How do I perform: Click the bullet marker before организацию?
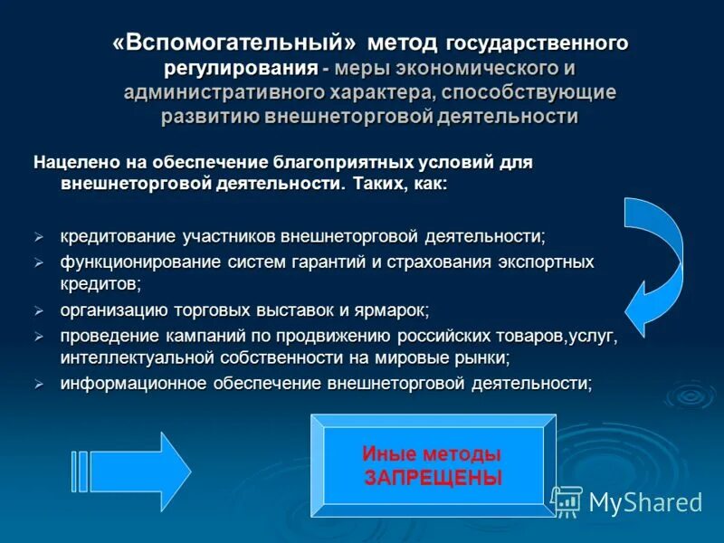(39, 310)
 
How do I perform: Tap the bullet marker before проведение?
(39, 336)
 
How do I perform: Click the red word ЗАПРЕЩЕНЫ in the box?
(433, 477)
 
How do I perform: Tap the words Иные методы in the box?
(432, 453)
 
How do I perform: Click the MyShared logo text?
(645, 502)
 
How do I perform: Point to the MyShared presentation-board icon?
(567, 501)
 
